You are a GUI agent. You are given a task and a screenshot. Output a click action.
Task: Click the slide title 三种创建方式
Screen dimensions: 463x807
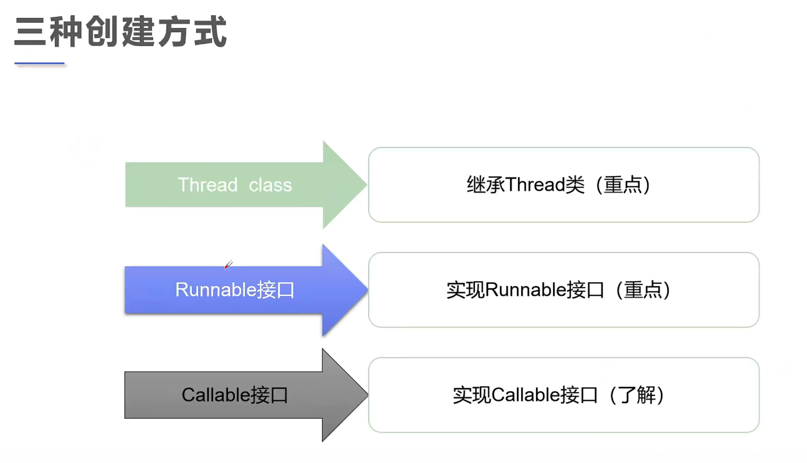click(120, 32)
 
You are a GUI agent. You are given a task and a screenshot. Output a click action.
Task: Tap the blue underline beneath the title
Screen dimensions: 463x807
click(39, 63)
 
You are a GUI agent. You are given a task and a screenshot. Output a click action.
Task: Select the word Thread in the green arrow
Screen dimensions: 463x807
click(208, 185)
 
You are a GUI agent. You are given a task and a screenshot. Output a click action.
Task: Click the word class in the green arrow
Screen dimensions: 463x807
click(270, 185)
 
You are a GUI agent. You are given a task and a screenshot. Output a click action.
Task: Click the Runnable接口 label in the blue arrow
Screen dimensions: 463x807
click(235, 290)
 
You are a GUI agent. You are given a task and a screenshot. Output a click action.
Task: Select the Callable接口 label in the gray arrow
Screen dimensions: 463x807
click(235, 395)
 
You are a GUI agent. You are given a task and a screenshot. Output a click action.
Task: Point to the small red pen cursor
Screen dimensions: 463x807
click(228, 265)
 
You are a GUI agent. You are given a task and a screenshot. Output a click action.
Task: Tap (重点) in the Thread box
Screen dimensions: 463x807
click(623, 185)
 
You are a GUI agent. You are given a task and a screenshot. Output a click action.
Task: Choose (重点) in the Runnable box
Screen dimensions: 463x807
click(643, 290)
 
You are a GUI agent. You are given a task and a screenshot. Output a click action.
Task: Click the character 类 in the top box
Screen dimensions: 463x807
click(575, 185)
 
